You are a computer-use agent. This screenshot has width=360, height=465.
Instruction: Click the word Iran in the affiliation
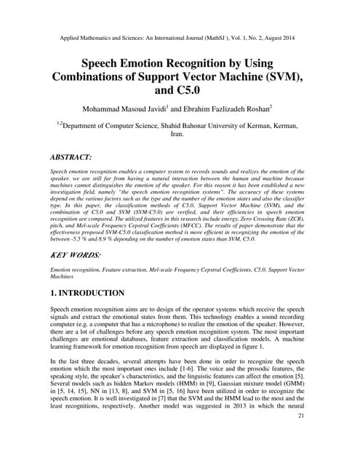[x=180, y=134]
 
